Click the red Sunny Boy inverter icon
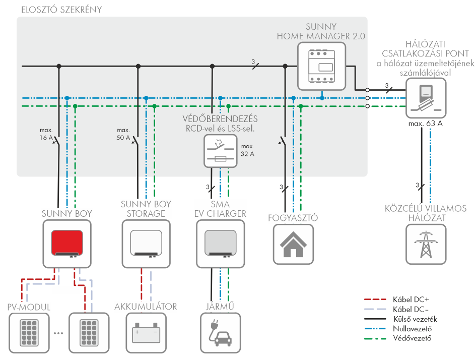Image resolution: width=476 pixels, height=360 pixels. coord(66,244)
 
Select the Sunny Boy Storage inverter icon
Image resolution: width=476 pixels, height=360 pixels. coord(146,244)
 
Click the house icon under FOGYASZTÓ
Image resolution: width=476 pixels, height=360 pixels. coord(293,244)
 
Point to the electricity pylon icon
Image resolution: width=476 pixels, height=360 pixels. coord(426,244)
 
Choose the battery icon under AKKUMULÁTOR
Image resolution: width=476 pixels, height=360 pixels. coord(145,333)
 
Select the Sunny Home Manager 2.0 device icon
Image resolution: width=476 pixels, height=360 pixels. coord(321,63)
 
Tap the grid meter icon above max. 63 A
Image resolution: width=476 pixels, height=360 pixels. coord(426,98)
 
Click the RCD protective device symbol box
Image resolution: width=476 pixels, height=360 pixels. coord(220,150)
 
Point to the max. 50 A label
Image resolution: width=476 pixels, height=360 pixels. coord(123,134)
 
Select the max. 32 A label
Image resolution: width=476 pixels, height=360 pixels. coord(247,150)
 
